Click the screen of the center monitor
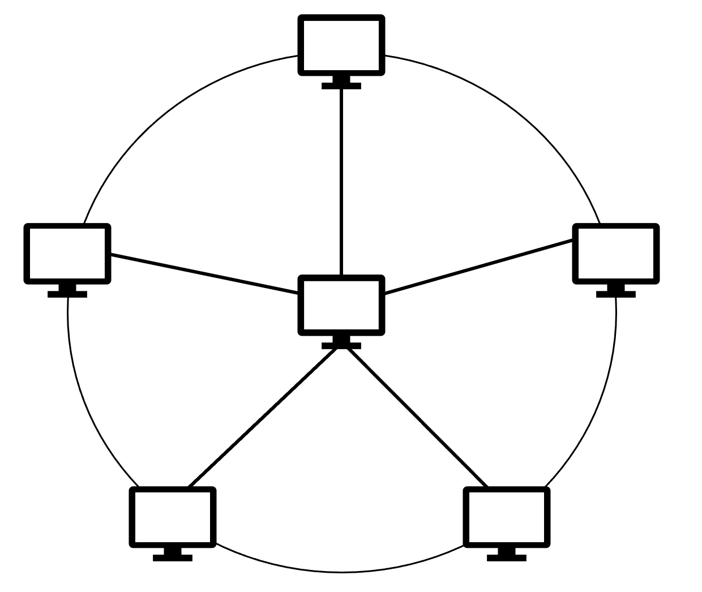pyautogui.click(x=341, y=305)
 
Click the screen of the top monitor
pyautogui.click(x=341, y=45)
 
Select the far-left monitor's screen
pyautogui.click(x=67, y=253)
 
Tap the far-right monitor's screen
pyautogui.click(x=616, y=253)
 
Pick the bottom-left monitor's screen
pyautogui.click(x=173, y=517)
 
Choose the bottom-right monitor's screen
pyautogui.click(x=507, y=517)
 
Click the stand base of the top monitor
pyautogui.click(x=341, y=86)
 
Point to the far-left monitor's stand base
pyautogui.click(x=67, y=294)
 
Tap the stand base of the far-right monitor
pyautogui.click(x=616, y=294)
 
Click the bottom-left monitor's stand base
pyautogui.click(x=173, y=558)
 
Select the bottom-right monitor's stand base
pyautogui.click(x=507, y=558)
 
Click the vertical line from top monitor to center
pyautogui.click(x=341, y=181)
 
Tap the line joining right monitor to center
pyautogui.click(x=478, y=267)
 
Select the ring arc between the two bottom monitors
pyautogui.click(x=341, y=572)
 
